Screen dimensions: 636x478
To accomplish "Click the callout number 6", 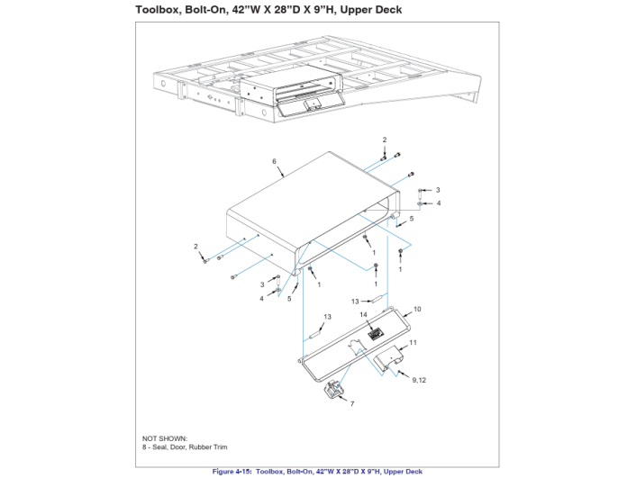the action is [274, 161].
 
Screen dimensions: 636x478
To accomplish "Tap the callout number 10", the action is [417, 309].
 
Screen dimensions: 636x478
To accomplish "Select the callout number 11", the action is [413, 343].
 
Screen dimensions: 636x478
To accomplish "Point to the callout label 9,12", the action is [419, 380].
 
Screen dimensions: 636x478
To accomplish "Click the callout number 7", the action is [352, 404].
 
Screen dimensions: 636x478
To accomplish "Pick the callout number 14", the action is [363, 314].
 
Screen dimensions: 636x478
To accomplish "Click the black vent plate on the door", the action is [376, 334].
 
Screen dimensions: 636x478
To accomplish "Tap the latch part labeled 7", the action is [334, 391].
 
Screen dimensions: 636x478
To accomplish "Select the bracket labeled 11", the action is [387, 357].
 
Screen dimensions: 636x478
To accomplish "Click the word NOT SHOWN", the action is [165, 438].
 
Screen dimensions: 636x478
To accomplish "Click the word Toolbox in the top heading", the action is [158, 10].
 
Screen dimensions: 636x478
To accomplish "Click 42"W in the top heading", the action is [247, 10].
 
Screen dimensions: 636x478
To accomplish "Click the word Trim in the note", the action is [220, 447].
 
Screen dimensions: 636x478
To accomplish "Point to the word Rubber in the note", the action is [199, 447].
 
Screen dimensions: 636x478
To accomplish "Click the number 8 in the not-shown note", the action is [144, 447].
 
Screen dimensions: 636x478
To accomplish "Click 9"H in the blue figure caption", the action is [373, 472].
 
